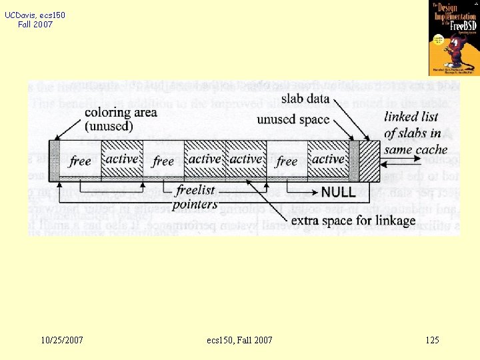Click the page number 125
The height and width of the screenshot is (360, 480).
pyautogui.click(x=432, y=341)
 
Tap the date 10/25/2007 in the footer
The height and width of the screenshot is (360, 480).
pyautogui.click(x=62, y=341)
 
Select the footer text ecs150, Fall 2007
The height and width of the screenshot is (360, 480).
pyautogui.click(x=239, y=341)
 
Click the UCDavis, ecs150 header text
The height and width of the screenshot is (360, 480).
pyautogui.click(x=35, y=15)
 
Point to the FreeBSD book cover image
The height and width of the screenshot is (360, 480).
pyautogui.click(x=454, y=38)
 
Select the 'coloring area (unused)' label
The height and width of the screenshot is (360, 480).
pyautogui.click(x=121, y=119)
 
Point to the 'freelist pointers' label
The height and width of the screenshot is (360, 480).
pyautogui.click(x=195, y=197)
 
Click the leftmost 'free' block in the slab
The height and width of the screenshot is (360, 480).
pyautogui.click(x=80, y=161)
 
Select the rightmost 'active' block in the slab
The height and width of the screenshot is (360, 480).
pyautogui.click(x=328, y=159)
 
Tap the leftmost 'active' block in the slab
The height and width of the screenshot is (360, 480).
pyautogui.click(x=122, y=159)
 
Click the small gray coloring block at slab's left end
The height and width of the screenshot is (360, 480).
pyautogui.click(x=55, y=160)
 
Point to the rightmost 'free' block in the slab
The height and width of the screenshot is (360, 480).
pyautogui.click(x=287, y=161)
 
